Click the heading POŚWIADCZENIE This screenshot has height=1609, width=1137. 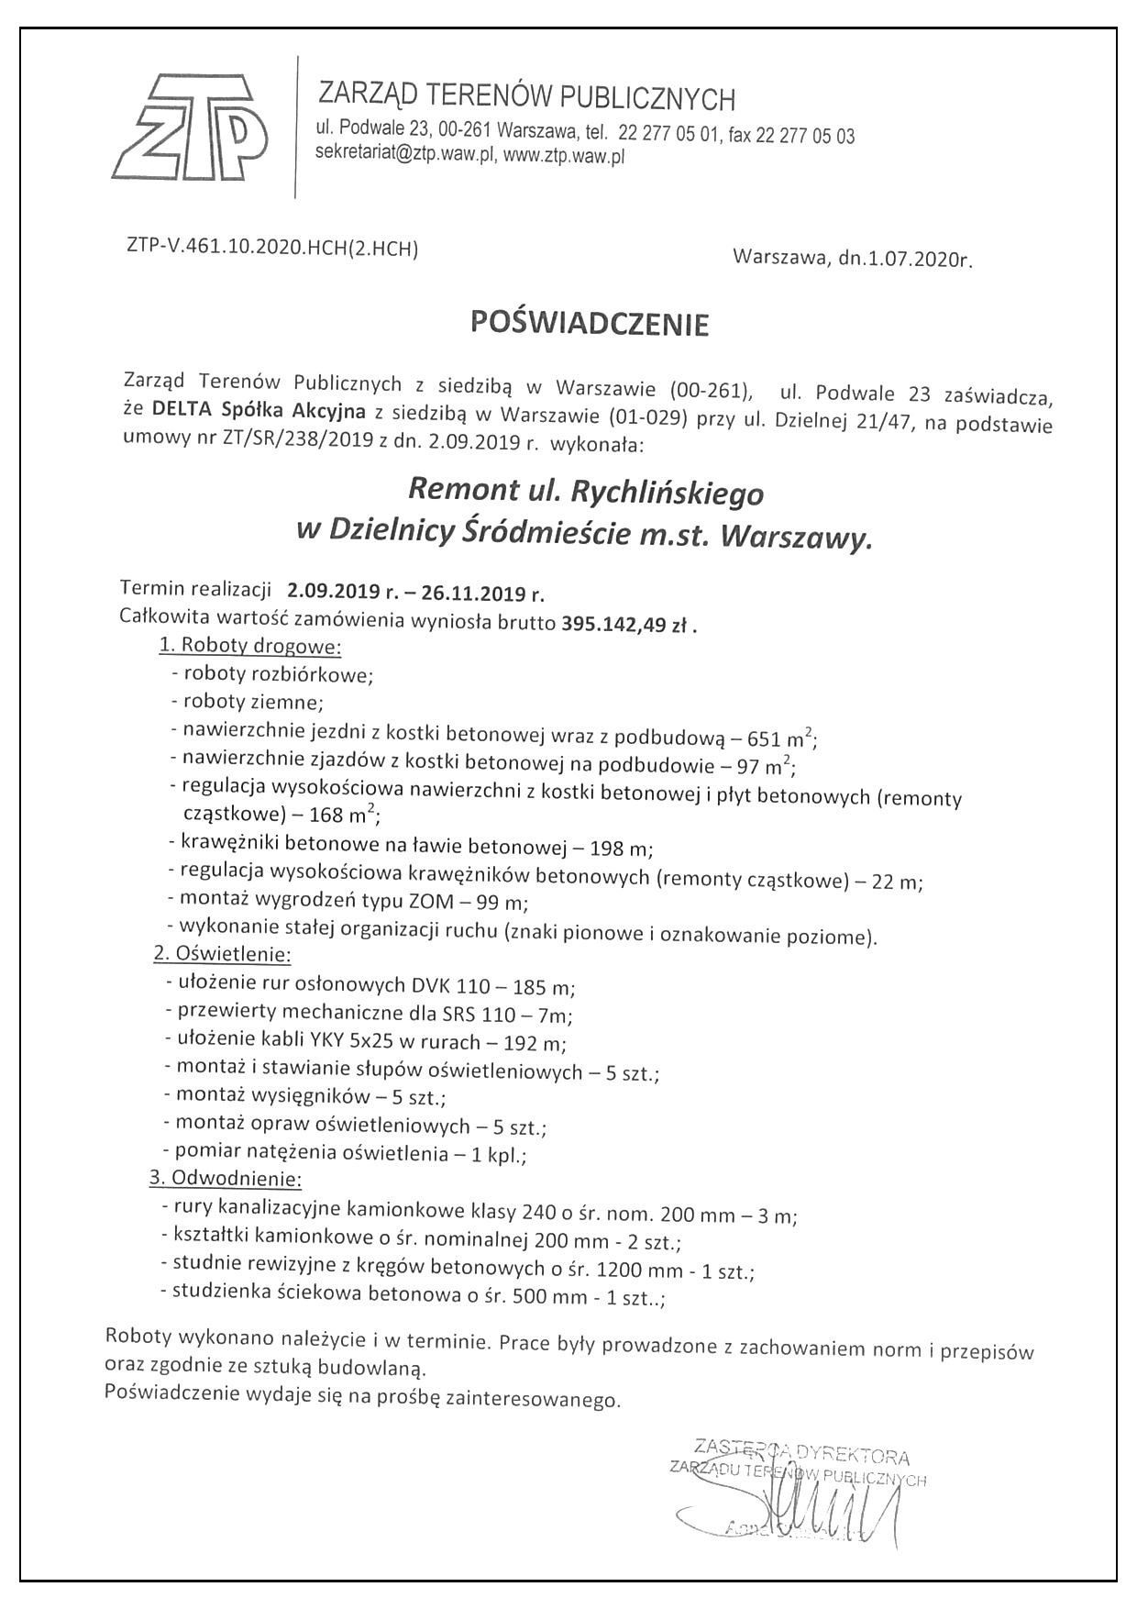point(590,323)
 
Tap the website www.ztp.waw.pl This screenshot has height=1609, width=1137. point(564,156)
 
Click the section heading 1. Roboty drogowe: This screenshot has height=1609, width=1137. point(249,646)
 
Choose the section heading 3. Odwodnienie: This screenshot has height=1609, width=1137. point(226,1178)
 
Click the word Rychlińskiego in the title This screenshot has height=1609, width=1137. point(667,494)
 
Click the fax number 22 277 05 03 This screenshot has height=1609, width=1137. point(804,136)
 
